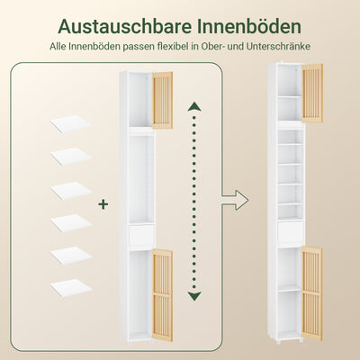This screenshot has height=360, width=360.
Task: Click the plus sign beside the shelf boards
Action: [103, 204]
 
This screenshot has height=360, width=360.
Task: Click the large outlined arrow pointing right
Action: [236, 197]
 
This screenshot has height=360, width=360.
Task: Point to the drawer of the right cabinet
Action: [289, 234]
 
